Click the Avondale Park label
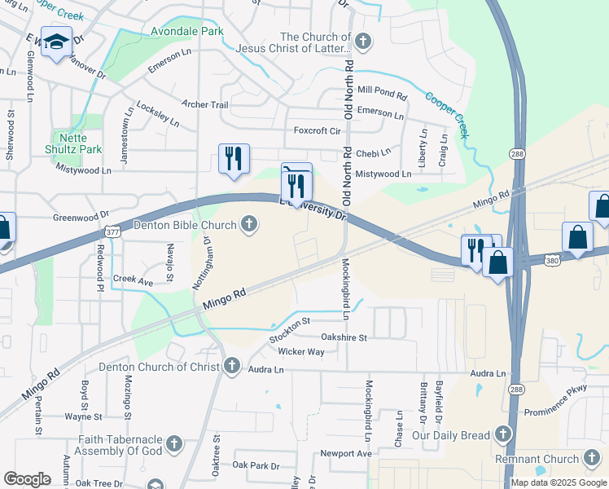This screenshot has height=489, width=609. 186,32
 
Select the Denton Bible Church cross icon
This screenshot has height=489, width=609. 250,224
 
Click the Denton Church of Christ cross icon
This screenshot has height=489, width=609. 232,366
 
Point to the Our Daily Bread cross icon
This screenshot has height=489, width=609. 504,434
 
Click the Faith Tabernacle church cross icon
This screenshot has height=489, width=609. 173,444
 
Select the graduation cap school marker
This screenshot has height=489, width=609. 57,43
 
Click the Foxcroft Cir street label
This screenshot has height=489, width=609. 318,130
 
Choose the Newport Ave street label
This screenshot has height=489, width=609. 345,453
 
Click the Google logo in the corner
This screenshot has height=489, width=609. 27,479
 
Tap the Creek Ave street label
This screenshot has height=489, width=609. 134,281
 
